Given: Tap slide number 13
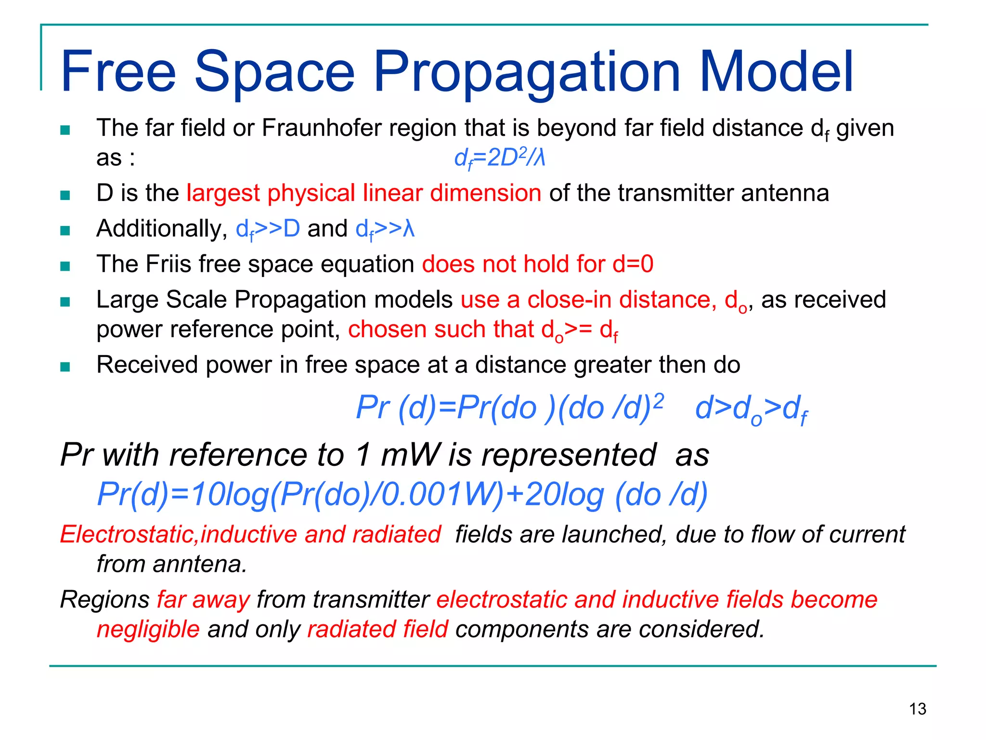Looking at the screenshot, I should pos(918,709).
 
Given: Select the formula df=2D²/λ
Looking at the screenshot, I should pos(500,158).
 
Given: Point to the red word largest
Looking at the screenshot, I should pos(223,193).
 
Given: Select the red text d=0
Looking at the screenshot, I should pos(633,264).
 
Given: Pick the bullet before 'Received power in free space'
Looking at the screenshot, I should pos(65,367).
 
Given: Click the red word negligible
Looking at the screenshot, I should pos(148,630).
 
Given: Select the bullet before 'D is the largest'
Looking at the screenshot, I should pos(65,195).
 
